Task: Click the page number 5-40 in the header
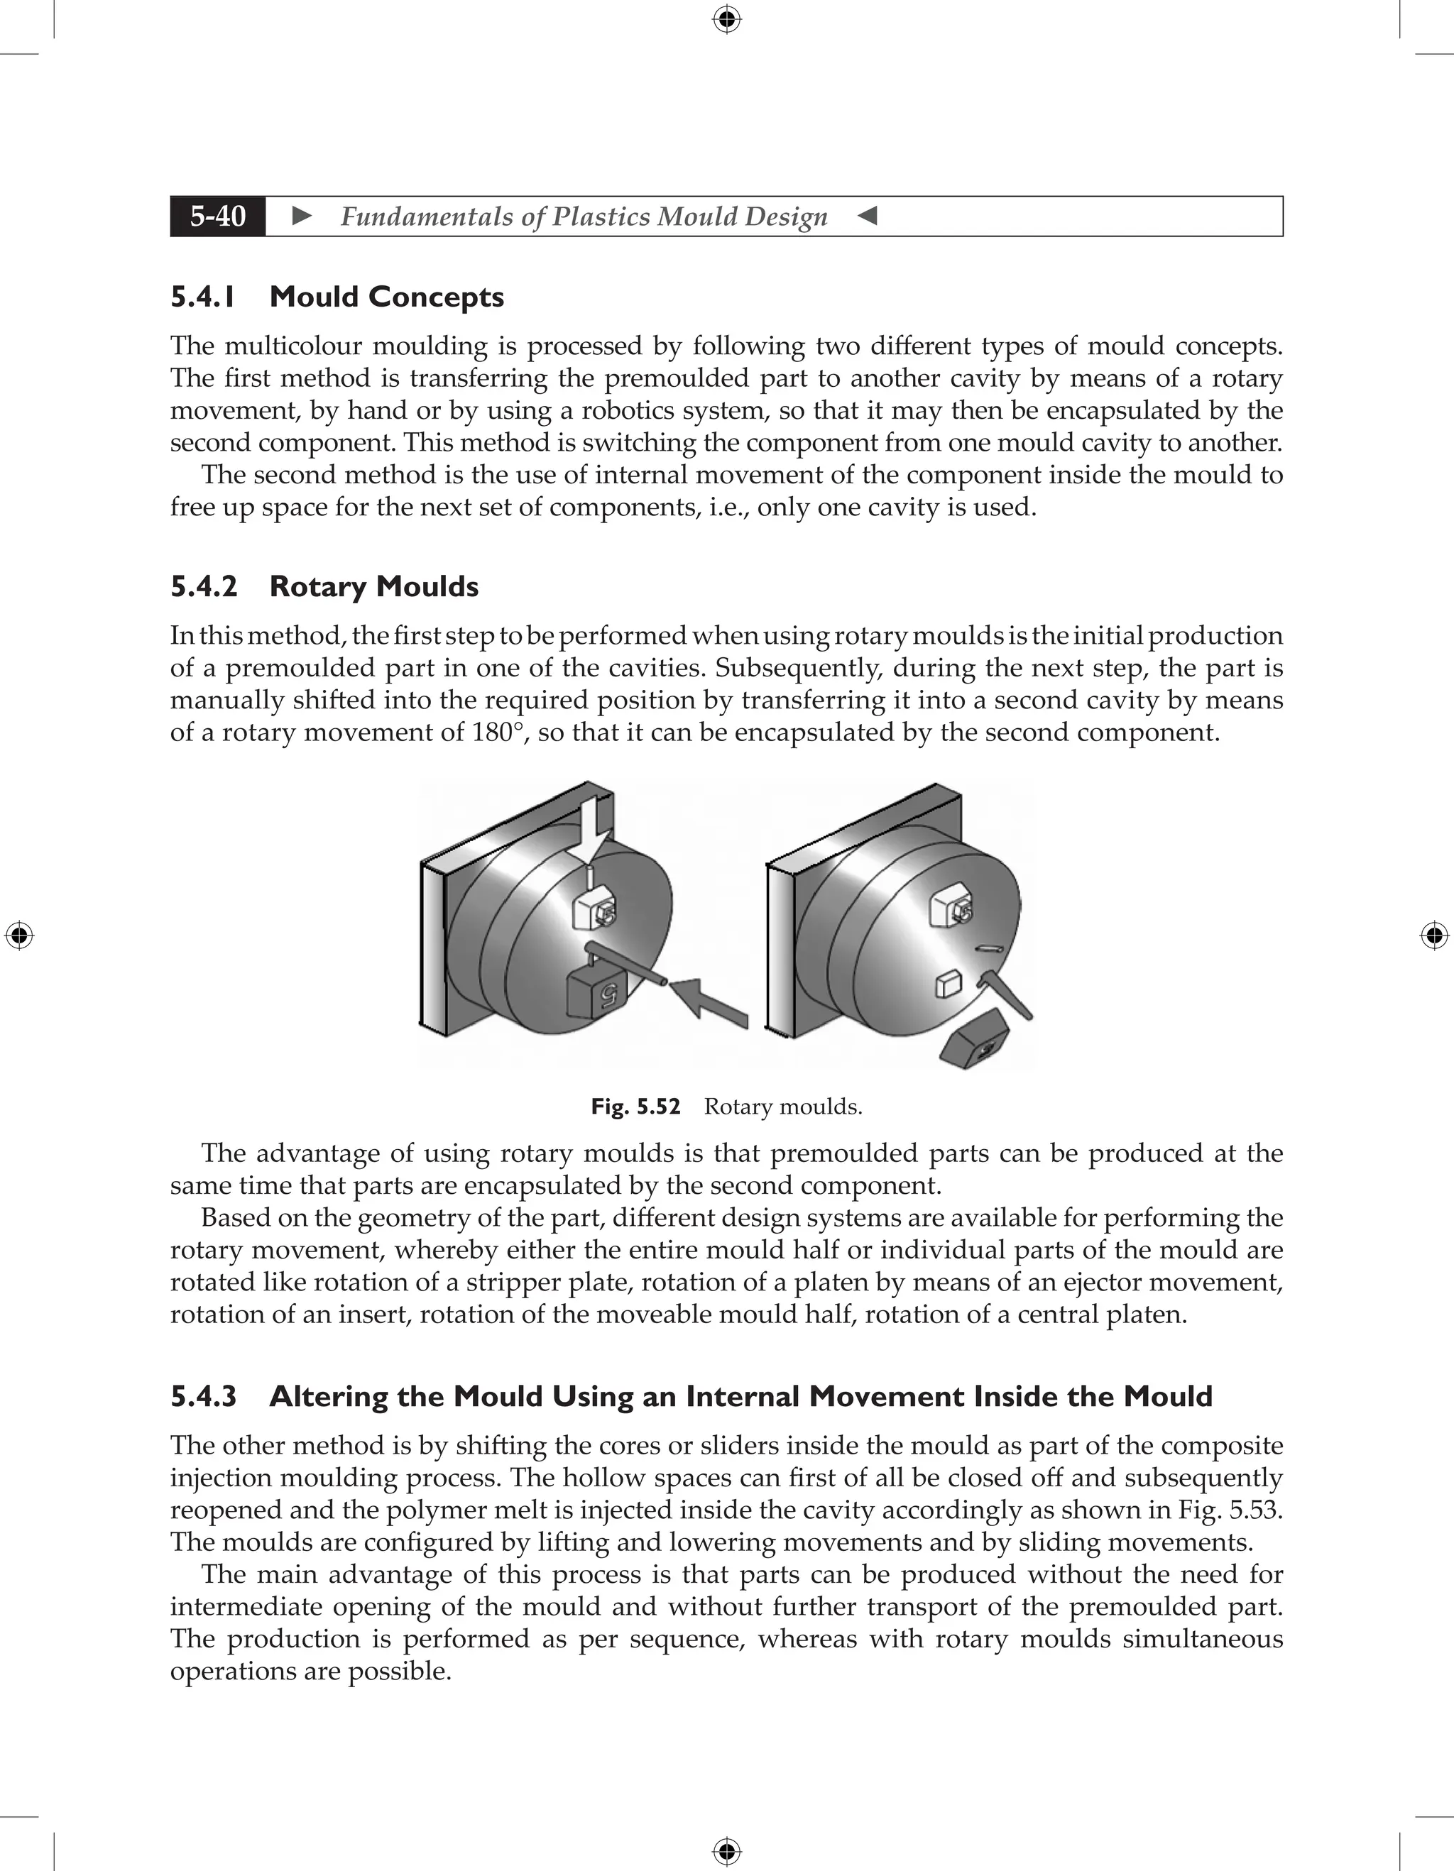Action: [218, 216]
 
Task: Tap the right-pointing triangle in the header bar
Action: [302, 216]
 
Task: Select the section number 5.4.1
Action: [202, 297]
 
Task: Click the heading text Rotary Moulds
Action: [373, 587]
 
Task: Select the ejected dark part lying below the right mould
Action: [978, 1039]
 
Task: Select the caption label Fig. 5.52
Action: [635, 1107]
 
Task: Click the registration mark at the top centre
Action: [726, 19]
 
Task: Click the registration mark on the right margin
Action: [1434, 936]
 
